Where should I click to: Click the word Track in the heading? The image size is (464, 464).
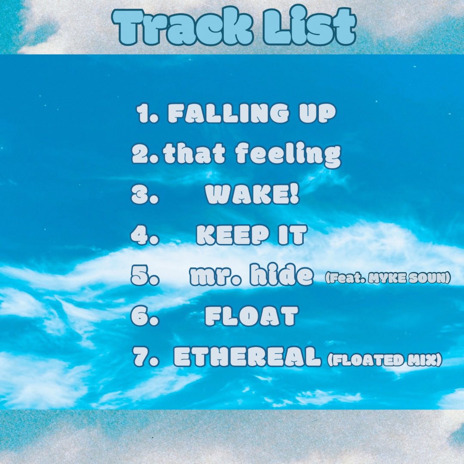click(x=180, y=27)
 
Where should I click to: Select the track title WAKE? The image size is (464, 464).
click(x=252, y=195)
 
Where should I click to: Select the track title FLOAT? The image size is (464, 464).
click(x=251, y=317)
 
